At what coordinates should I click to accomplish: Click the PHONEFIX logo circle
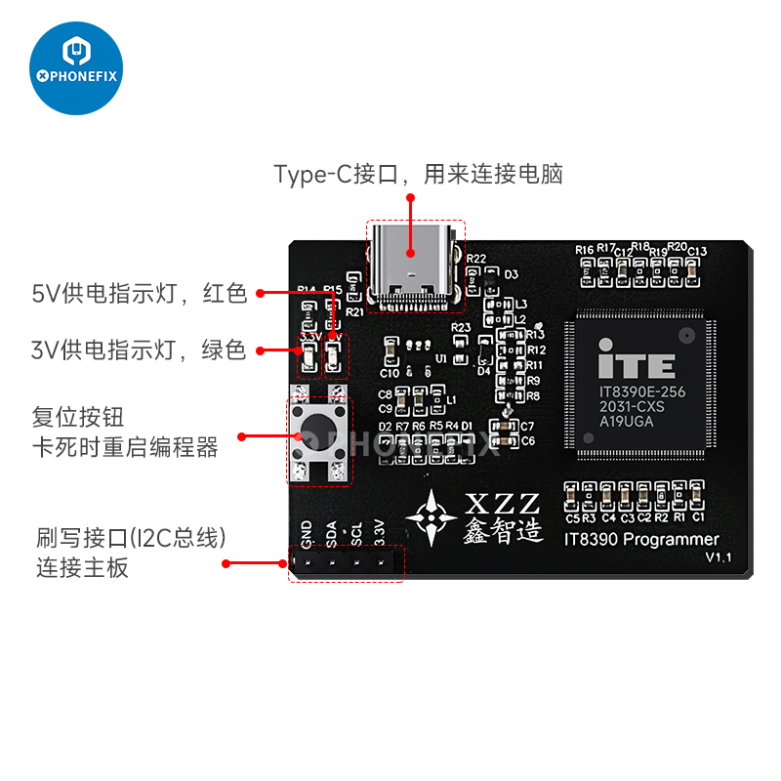[x=76, y=67]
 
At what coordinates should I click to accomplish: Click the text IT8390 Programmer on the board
[x=641, y=539]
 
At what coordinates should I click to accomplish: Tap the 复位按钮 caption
[x=78, y=417]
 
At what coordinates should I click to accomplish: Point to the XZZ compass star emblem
[x=431, y=514]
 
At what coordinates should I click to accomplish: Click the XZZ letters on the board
[x=502, y=504]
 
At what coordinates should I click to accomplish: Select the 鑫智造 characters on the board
[x=502, y=530]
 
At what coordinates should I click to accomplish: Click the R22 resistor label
[x=476, y=259]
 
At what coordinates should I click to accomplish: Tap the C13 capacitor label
[x=697, y=252]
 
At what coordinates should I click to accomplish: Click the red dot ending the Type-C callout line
[x=411, y=197]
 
